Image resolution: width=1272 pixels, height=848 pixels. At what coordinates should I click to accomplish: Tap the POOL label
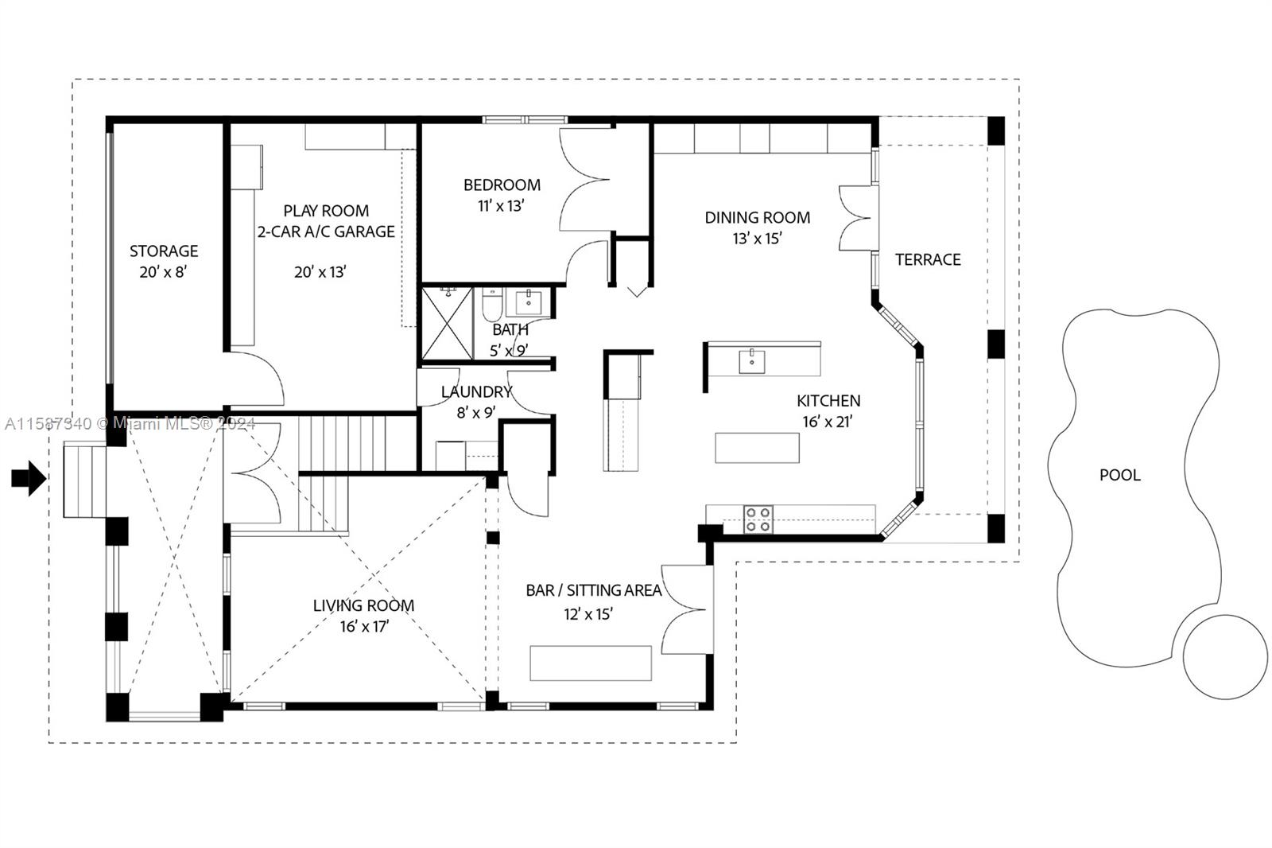tap(1119, 475)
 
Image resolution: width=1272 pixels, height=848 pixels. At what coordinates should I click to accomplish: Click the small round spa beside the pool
tap(1224, 657)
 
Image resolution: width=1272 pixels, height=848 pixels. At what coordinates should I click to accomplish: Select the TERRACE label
tap(928, 259)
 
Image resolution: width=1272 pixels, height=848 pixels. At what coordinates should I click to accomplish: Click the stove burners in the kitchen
tap(758, 519)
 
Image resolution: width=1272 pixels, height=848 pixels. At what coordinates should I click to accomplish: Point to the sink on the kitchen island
tap(751, 361)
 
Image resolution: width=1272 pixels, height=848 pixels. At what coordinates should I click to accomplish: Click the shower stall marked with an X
tap(447, 324)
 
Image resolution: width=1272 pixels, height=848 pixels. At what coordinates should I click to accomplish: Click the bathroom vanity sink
tap(529, 302)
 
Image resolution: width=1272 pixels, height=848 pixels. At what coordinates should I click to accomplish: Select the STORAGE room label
tap(164, 251)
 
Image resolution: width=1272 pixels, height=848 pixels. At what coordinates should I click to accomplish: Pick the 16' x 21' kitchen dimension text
tap(827, 422)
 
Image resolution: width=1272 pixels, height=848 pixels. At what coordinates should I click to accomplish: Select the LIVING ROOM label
tap(363, 605)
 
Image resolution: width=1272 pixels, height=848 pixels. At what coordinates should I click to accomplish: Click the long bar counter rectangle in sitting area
tap(590, 663)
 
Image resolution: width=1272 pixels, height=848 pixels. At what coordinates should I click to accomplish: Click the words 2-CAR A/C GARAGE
tap(326, 231)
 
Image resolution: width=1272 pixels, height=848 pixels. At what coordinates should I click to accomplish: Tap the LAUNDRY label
tap(476, 392)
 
